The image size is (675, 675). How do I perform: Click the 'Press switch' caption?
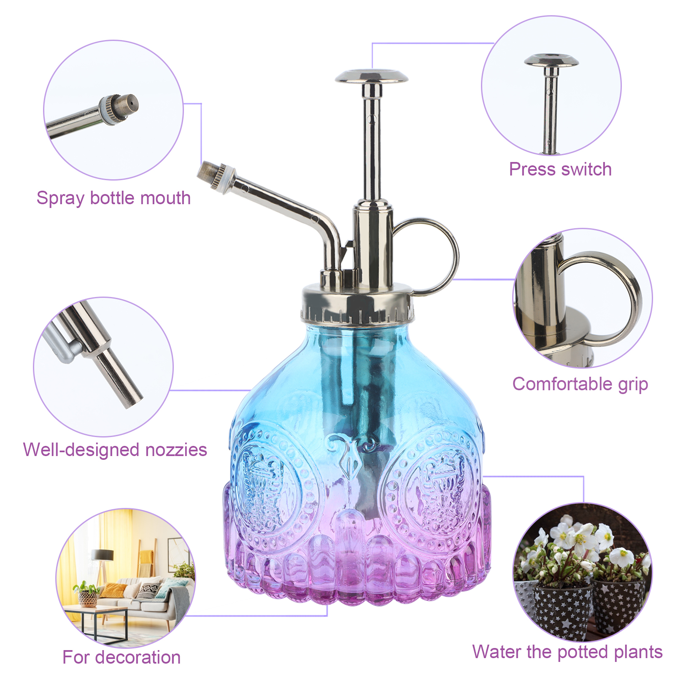[560, 170]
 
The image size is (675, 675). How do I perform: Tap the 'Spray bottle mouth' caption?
[113, 198]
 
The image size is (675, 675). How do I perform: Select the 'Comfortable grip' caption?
[580, 384]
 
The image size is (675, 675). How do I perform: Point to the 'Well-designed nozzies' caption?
[115, 450]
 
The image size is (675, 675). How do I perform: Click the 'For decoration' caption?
[121, 657]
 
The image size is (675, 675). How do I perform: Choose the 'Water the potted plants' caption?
[567, 652]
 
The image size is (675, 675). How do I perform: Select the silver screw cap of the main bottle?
[357, 304]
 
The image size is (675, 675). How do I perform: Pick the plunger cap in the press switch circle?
[551, 60]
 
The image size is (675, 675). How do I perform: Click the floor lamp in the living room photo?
[101, 561]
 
